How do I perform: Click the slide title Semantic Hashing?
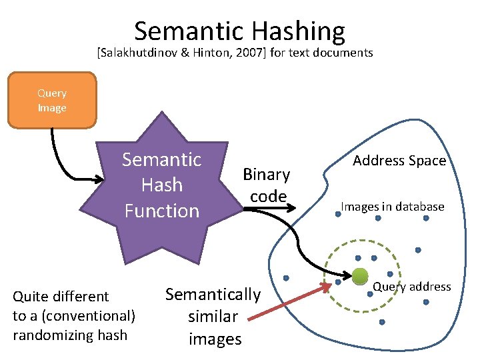point(239,31)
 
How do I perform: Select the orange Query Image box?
point(52,100)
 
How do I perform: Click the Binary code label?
point(266,185)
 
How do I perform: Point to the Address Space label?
point(399,161)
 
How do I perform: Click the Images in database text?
point(392,207)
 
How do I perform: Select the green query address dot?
point(360,275)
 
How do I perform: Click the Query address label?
point(411,287)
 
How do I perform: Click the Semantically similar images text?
point(213,316)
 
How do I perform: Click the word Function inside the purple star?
point(161,211)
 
